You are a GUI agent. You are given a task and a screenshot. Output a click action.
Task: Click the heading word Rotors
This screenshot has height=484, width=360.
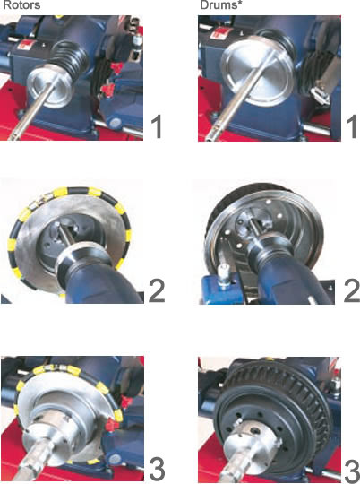[x=21, y=5]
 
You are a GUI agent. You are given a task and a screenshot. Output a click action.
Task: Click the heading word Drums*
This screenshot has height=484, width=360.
[x=219, y=5]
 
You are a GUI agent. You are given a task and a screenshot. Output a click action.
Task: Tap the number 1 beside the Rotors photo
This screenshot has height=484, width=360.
[x=157, y=126]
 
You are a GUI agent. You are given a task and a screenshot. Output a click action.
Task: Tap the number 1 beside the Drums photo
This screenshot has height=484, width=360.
[x=352, y=126]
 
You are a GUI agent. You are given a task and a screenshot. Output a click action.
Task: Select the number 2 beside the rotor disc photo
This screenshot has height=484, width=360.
[x=157, y=290]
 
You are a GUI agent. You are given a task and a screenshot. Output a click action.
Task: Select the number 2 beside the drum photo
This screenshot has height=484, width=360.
[x=352, y=290]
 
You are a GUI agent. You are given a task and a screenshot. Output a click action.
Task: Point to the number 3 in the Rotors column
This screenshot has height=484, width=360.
[x=157, y=470]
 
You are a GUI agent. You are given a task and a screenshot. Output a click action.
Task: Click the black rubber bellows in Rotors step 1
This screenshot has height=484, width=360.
[x=71, y=58]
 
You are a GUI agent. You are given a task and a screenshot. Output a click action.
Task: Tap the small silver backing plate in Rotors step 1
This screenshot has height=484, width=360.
[x=47, y=88]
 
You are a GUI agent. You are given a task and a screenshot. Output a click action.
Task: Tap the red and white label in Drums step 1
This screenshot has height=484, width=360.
[x=219, y=32]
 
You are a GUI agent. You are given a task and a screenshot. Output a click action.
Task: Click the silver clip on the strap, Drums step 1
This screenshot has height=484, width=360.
[x=320, y=95]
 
